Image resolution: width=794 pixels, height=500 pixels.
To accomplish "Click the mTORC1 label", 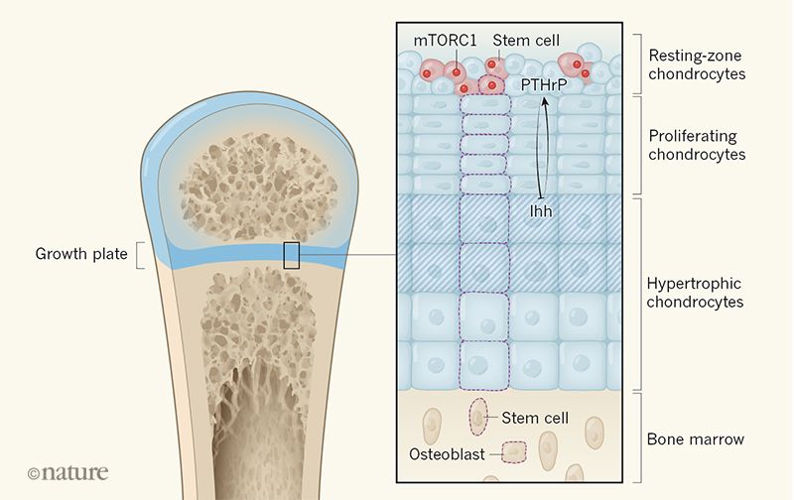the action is coord(445,40).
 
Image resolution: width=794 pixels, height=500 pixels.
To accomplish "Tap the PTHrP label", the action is coord(544,85).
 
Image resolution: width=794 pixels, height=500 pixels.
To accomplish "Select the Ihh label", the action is coord(541,211).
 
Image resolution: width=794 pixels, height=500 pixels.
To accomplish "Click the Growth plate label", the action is coord(81,254).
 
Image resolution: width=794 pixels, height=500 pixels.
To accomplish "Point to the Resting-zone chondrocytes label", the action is coord(697,64).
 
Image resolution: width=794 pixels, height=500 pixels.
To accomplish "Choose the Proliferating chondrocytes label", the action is coord(697,145).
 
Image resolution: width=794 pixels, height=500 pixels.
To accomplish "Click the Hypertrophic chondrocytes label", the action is coord(695,293).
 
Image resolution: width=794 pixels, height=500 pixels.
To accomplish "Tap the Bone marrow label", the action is coord(696,438).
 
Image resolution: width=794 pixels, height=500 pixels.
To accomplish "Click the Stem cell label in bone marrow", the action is coord(535,418).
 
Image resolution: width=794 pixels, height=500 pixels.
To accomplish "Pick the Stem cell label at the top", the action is coord(526,40).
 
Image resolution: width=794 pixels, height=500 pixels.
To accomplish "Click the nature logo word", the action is coord(75,472).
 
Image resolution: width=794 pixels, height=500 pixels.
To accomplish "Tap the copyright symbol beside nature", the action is coord(34,473).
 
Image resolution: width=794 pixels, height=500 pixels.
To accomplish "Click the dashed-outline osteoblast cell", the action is coord(514,452).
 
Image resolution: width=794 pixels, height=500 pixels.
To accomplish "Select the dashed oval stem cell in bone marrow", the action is coord(478,417).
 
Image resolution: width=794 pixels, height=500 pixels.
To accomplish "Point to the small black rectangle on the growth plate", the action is coord(291,255).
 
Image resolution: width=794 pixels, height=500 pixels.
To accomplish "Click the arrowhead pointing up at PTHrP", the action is coord(545,100).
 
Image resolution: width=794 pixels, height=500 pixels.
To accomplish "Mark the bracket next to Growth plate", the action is coord(140,255).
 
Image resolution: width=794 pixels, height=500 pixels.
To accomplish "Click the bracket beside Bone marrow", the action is coord(637,437).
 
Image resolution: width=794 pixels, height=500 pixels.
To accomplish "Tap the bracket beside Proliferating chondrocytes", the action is coord(637,145).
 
